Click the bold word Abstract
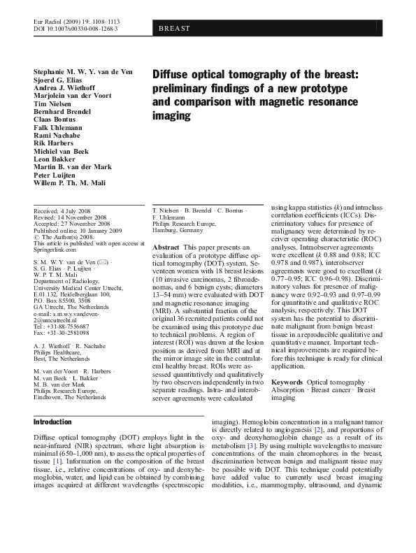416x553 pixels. click(166, 248)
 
